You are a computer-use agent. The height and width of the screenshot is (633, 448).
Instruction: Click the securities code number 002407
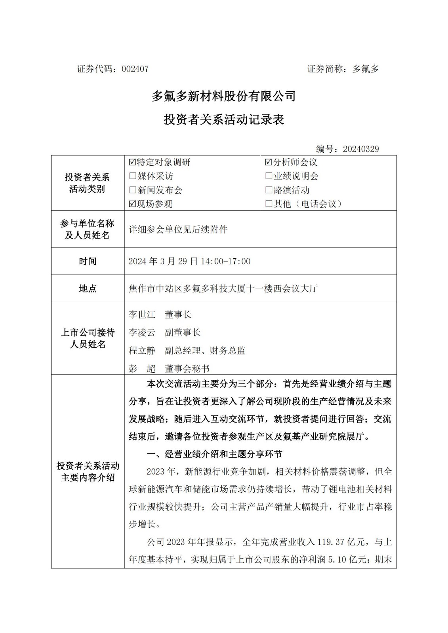(x=135, y=69)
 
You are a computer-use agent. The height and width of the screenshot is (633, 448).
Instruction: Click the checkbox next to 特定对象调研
(x=132, y=162)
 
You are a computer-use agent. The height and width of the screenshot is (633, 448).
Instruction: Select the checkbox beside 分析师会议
(x=269, y=162)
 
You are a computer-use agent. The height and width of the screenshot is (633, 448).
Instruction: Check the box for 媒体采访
(x=132, y=176)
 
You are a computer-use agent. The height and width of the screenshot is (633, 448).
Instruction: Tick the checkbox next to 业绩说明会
(x=269, y=176)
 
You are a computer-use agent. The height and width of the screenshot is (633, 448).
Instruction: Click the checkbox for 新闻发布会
(x=132, y=190)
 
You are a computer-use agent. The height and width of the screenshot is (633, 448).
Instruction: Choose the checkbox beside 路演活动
(x=269, y=190)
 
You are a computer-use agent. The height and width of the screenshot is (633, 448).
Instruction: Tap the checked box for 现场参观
(x=132, y=204)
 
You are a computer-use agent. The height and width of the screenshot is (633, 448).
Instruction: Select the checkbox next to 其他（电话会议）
(x=269, y=204)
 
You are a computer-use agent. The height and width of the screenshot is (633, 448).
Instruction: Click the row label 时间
(x=88, y=262)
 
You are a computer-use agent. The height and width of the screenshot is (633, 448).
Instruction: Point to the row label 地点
(x=88, y=289)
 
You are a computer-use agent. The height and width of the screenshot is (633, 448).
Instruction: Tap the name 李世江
(x=142, y=315)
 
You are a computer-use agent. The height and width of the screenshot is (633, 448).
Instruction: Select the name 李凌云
(x=142, y=333)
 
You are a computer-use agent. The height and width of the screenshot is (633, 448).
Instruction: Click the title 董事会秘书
(x=187, y=369)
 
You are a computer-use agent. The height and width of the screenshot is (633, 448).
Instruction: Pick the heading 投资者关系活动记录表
(x=224, y=120)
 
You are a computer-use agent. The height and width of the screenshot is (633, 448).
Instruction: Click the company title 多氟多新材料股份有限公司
(x=224, y=96)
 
